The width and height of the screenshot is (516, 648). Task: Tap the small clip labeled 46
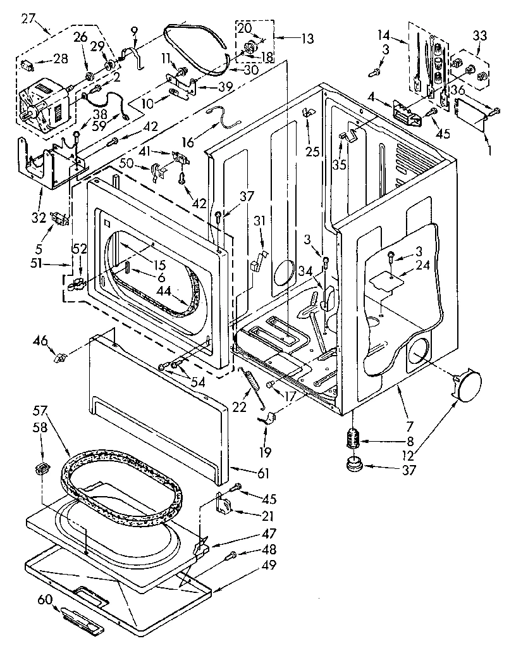60,359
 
